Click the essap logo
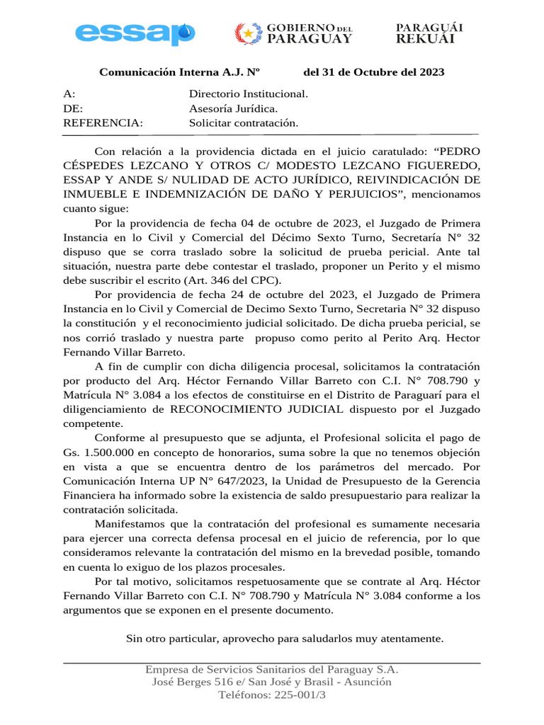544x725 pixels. (x=135, y=33)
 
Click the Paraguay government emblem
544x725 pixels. (x=248, y=33)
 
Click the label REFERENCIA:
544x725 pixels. (x=103, y=123)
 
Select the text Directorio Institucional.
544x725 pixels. (x=248, y=93)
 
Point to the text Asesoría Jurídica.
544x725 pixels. (x=233, y=108)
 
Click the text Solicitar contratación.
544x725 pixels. (x=243, y=123)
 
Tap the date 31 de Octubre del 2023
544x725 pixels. (x=382, y=72)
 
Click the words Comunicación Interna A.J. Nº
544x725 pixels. (x=180, y=72)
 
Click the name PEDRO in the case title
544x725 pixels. (x=459, y=151)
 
